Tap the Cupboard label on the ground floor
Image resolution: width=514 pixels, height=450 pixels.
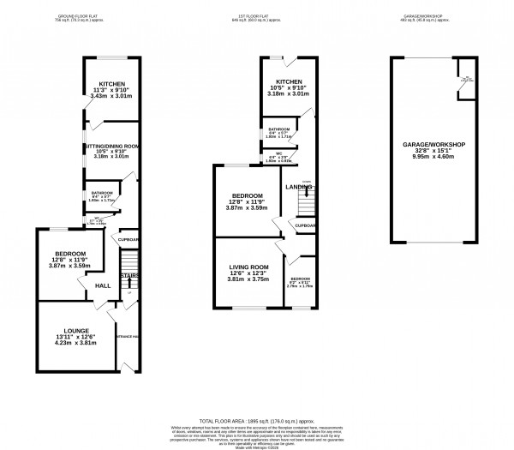click(129, 240)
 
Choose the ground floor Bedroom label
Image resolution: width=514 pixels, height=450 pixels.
click(69, 254)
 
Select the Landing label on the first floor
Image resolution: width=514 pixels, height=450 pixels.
click(298, 187)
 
